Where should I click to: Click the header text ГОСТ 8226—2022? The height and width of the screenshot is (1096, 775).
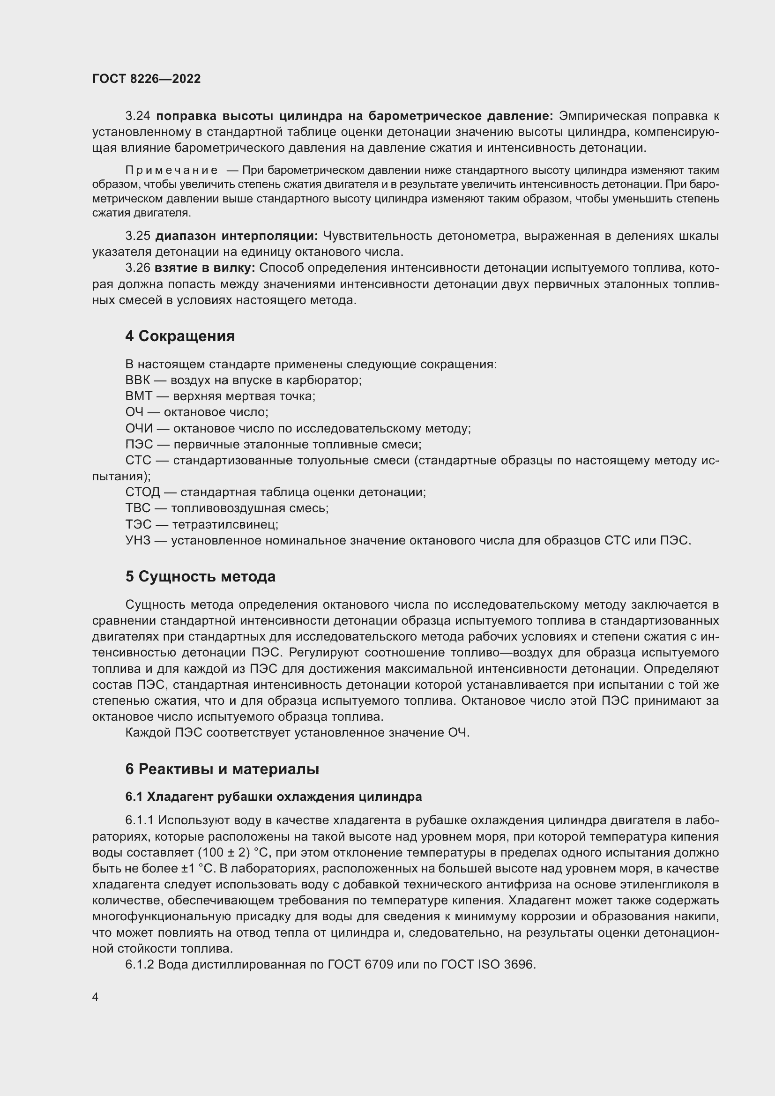coord(147,79)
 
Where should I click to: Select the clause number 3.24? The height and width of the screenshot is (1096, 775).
coord(138,116)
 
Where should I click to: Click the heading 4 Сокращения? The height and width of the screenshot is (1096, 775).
coord(180,336)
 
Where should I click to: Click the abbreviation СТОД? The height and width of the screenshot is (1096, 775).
coord(143,492)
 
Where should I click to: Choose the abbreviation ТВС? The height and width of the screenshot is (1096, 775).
coord(138,508)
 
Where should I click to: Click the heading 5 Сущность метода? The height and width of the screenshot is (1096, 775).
coord(201,577)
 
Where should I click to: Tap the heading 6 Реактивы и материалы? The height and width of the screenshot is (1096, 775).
coord(223,769)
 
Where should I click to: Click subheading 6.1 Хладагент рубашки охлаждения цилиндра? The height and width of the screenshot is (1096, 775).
coord(274,797)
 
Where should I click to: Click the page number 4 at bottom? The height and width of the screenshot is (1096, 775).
coord(95,997)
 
